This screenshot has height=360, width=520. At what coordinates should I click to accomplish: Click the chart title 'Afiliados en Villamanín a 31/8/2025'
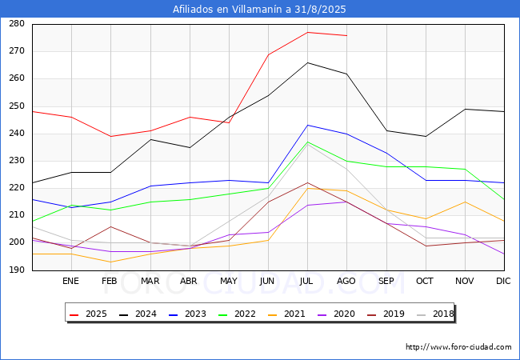coord(260,10)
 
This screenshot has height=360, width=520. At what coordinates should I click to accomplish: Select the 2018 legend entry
coord(434,314)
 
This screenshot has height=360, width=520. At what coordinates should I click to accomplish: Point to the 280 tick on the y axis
coord(16,24)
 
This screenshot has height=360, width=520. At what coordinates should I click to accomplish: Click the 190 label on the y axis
coord(16,270)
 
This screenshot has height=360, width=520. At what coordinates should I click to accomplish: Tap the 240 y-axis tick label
coord(16,134)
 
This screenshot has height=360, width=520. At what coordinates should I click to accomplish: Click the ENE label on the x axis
coord(71,282)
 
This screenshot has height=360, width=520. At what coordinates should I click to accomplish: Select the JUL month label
coord(307,282)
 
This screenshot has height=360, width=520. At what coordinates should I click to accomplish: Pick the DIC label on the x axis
coord(503,282)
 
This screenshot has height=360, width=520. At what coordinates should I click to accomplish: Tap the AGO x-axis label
coord(346,282)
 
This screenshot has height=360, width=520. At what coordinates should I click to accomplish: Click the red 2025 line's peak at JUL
coord(307,32)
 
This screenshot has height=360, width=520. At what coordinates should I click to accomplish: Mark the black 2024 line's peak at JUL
coord(307,62)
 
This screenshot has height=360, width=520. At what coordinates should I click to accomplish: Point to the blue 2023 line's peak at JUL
coord(307,125)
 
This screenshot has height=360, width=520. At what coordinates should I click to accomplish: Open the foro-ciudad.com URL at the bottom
coord(458,347)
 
